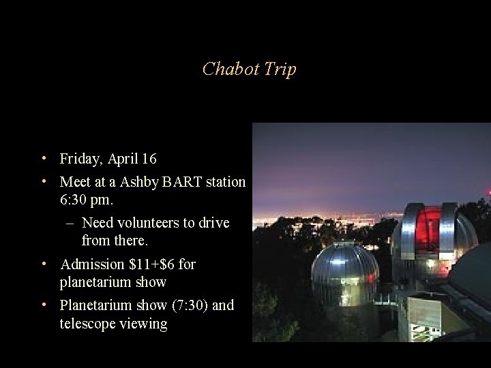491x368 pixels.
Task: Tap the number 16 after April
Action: click(149, 159)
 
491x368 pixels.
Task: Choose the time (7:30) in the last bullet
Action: click(187, 305)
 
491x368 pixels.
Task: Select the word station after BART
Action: click(226, 183)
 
